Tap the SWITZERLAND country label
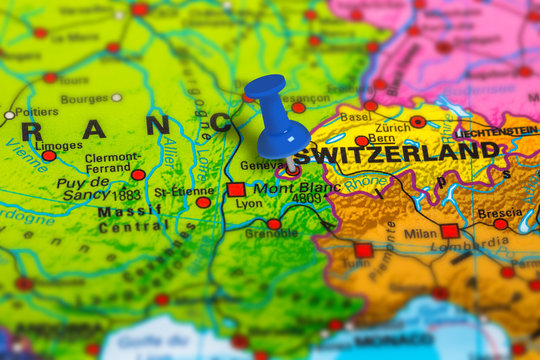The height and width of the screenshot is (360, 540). [397, 153]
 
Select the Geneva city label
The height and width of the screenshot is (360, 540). [262, 165]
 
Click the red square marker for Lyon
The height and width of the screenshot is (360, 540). [236, 189]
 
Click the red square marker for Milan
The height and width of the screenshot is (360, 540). [450, 231]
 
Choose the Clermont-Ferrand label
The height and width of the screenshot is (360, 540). [112, 163]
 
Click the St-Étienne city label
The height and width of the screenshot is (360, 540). [184, 191]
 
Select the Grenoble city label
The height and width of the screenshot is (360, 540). [271, 234]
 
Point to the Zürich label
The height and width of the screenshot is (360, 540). [393, 128]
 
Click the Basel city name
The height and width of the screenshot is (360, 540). [355, 117]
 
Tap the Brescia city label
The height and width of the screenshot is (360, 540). [498, 213]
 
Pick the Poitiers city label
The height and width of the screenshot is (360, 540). [36, 113]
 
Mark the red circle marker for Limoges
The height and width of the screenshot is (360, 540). [49, 156]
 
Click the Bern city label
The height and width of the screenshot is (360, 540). [381, 139]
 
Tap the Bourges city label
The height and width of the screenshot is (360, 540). [84, 99]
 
